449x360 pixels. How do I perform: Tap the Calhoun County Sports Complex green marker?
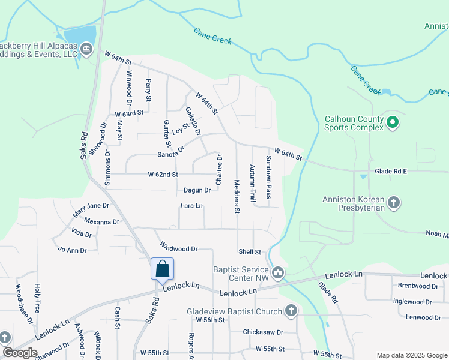point(393,123)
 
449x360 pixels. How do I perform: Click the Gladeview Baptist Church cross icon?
point(291,311)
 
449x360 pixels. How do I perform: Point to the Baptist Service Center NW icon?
point(277,274)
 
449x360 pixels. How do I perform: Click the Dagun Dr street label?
point(197,190)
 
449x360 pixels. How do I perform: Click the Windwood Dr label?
point(179,247)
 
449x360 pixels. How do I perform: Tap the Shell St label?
point(250,252)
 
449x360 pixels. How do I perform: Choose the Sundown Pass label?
point(269,178)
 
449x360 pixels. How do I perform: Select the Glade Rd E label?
point(391,171)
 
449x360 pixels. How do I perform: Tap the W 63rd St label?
point(130,112)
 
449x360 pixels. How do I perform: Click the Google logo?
point(20,352)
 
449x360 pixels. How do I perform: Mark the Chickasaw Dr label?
point(262,332)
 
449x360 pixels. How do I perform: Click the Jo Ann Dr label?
point(72,250)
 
